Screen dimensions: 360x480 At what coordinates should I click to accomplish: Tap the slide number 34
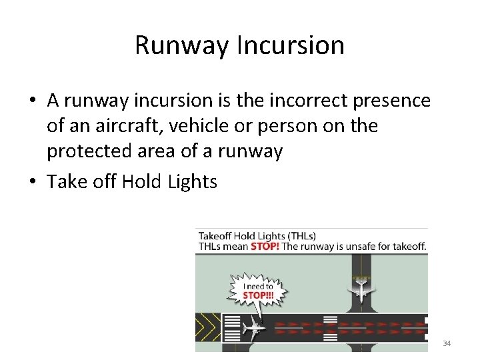coord(447,343)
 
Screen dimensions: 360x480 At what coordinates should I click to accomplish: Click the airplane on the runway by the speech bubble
coord(253,327)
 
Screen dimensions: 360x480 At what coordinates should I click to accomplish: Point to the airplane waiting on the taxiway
coord(361,288)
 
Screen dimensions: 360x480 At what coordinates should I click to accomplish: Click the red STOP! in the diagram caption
coord(265,246)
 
